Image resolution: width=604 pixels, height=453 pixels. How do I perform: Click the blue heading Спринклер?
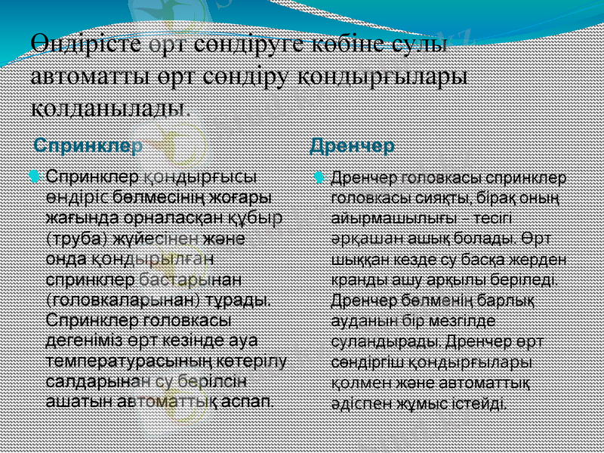pos(89,145)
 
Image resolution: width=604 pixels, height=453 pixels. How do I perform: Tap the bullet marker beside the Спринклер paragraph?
pos(32,176)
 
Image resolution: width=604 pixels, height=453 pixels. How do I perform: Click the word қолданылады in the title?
pos(109,104)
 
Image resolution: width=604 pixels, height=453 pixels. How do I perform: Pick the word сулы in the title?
pos(422,45)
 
